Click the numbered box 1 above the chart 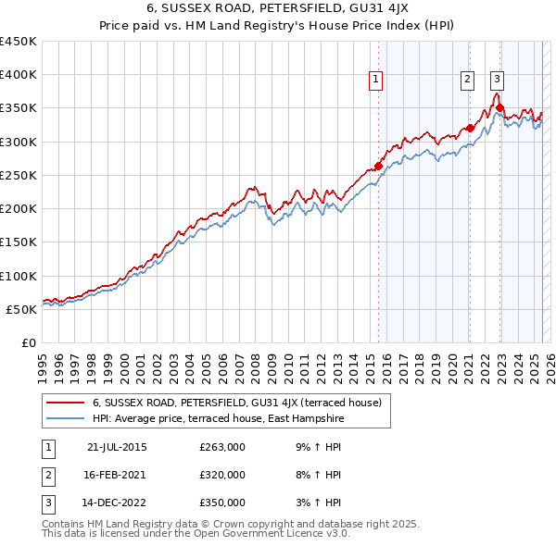click(x=376, y=80)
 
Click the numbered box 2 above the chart click(x=468, y=80)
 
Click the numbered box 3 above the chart click(x=498, y=80)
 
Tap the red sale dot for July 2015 click(x=378, y=167)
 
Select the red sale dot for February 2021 click(x=470, y=129)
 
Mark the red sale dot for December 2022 click(x=500, y=108)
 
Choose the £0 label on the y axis click(x=27, y=342)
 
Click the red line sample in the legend click(x=65, y=403)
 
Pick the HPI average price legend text click(x=218, y=418)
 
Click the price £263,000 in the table click(x=222, y=447)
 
